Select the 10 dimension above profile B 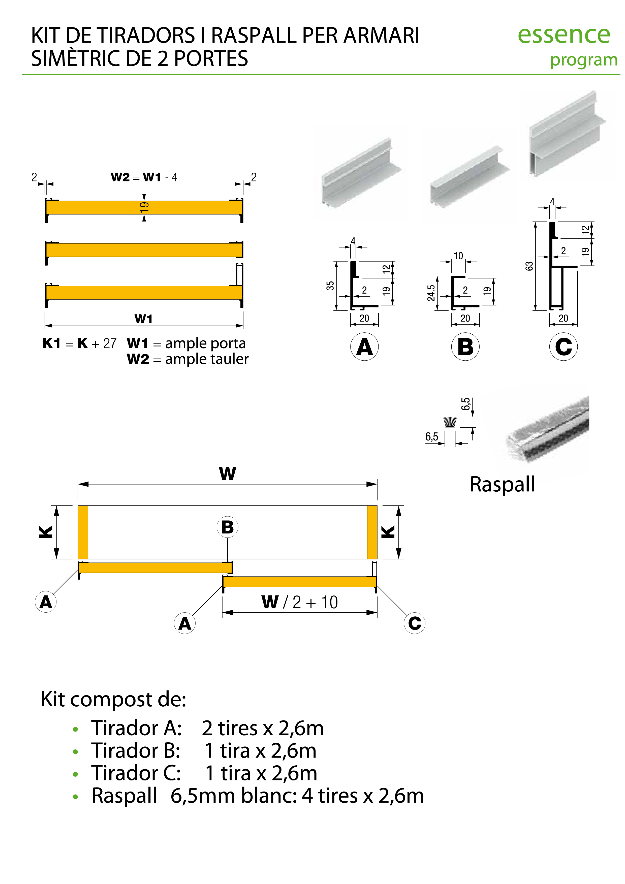[x=458, y=256]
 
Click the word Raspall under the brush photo [x=502, y=484]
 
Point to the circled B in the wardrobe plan [x=227, y=527]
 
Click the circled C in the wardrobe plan [x=414, y=623]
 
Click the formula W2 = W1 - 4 [x=144, y=177]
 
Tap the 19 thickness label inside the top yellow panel [x=144, y=207]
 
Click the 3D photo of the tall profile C [x=566, y=135]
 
